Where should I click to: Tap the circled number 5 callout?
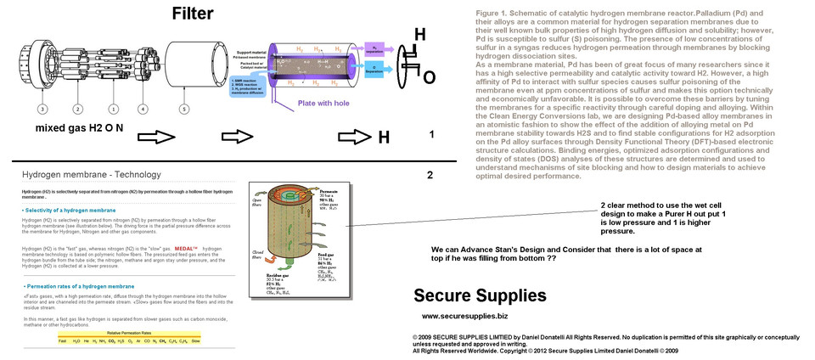pyautogui.click(x=183, y=109)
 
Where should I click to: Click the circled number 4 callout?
pyautogui.click(x=143, y=109)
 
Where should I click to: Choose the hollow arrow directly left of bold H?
pyautogui.click(x=351, y=137)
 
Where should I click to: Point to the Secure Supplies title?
pyautogui.click(x=480, y=296)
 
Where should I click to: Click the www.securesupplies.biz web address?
pyautogui.click(x=458, y=316)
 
